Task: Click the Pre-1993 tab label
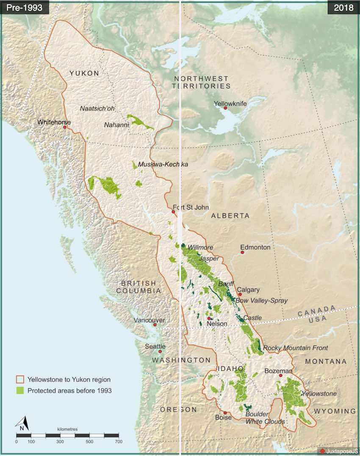(x=24, y=8)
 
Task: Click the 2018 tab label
(x=343, y=8)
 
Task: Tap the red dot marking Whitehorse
(x=65, y=127)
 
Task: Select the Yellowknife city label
(x=230, y=103)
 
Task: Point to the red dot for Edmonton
(x=243, y=252)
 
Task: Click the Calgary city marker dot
(x=240, y=294)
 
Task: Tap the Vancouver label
(x=149, y=320)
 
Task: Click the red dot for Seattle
(x=160, y=351)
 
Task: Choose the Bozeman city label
(x=278, y=371)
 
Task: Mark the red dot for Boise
(x=225, y=412)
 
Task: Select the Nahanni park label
(x=116, y=124)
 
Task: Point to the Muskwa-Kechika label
(x=163, y=164)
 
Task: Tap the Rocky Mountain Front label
(x=295, y=348)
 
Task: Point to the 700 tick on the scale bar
(x=118, y=442)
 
